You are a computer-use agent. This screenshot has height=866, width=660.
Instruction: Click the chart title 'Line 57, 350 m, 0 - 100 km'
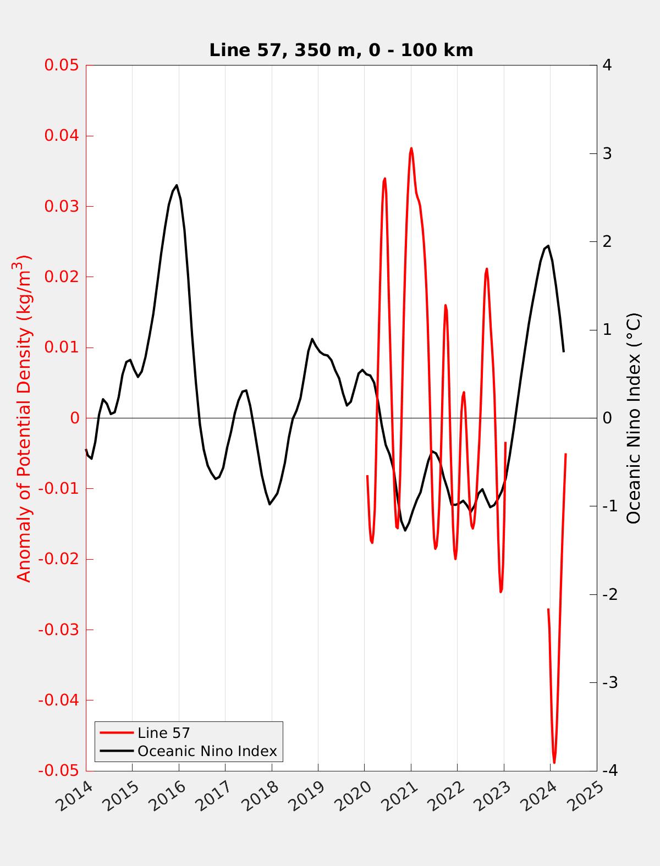(x=341, y=50)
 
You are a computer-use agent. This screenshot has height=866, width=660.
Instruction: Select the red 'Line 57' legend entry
(x=163, y=733)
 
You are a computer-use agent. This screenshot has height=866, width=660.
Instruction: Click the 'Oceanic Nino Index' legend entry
(x=207, y=751)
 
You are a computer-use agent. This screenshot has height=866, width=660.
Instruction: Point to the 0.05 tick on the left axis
(x=62, y=65)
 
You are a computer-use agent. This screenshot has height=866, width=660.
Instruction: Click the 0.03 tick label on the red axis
(x=62, y=207)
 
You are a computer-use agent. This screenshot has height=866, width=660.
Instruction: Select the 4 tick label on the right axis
(x=607, y=65)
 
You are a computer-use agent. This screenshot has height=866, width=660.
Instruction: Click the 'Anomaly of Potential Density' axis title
(x=24, y=418)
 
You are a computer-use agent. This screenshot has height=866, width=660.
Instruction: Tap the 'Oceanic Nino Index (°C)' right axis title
(x=634, y=418)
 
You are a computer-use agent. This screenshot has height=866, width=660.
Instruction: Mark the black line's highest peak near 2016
(x=177, y=185)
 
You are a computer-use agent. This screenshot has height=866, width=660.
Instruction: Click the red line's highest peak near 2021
(x=411, y=148)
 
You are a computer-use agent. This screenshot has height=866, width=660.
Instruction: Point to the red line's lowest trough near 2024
(x=554, y=763)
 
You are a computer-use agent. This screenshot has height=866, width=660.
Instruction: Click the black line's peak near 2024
(x=548, y=246)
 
